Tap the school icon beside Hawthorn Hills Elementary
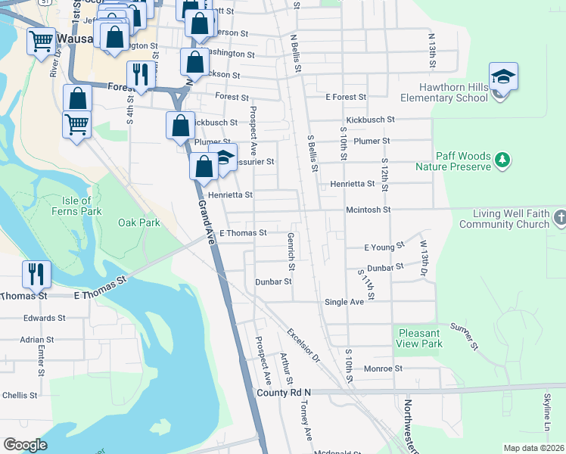click(x=503, y=78)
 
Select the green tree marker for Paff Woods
click(x=502, y=160)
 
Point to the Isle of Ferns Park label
click(x=76, y=206)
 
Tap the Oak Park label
click(x=139, y=222)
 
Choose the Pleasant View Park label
click(x=418, y=338)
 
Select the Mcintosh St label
click(x=367, y=210)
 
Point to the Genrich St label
click(x=291, y=251)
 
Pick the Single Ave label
click(x=344, y=301)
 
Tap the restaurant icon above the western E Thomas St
click(x=36, y=274)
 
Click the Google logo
click(x=25, y=445)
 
